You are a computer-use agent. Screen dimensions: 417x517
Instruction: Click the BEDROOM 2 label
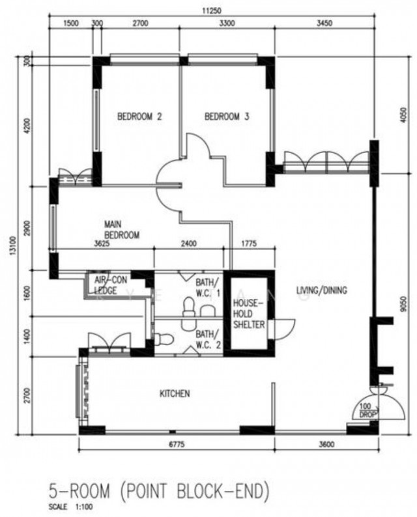pyautogui.click(x=139, y=117)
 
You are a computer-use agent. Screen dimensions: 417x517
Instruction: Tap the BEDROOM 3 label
pyautogui.click(x=227, y=117)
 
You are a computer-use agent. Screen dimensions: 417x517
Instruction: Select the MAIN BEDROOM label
pyautogui.click(x=122, y=230)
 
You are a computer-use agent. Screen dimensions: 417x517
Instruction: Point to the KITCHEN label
pyautogui.click(x=175, y=394)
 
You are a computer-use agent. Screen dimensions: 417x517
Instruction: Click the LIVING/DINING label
pyautogui.click(x=322, y=290)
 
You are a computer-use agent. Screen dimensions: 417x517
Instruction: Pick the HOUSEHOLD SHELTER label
pyautogui.click(x=249, y=314)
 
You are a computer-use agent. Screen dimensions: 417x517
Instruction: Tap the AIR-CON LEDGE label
pyautogui.click(x=110, y=285)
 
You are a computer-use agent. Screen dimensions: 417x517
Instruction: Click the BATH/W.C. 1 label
pyautogui.click(x=208, y=288)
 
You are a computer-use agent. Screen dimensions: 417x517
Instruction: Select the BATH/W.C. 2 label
pyautogui.click(x=208, y=339)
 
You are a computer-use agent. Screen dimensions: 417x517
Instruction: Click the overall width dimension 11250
pyautogui.click(x=212, y=10)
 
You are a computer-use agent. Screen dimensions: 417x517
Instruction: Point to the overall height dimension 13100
pyautogui.click(x=13, y=245)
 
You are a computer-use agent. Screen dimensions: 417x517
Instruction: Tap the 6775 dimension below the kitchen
pyautogui.click(x=177, y=445)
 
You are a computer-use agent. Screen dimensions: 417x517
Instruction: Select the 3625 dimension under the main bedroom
pyautogui.click(x=102, y=244)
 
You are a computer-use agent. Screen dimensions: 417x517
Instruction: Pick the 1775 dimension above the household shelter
pyautogui.click(x=249, y=244)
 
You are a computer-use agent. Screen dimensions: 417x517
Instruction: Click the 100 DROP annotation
pyautogui.click(x=366, y=410)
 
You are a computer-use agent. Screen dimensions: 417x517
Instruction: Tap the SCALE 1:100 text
pyautogui.click(x=70, y=507)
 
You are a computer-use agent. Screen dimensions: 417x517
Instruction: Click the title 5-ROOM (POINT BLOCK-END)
pyautogui.click(x=159, y=491)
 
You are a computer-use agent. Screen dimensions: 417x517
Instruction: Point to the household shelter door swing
pyautogui.click(x=284, y=329)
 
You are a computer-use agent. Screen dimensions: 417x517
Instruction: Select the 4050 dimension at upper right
pyautogui.click(x=404, y=115)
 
